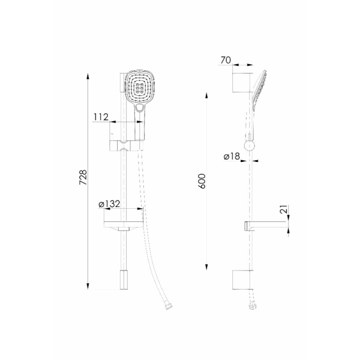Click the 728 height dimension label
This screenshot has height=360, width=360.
tap(83, 177)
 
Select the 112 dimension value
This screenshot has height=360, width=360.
tap(101, 117)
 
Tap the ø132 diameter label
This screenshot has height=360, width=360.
tap(109, 203)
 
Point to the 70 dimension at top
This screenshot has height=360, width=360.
tap(226, 60)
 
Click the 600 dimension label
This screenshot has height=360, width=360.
tap(202, 181)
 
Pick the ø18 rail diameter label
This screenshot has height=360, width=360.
tap(232, 157)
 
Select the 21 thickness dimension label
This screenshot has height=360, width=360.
tap(284, 209)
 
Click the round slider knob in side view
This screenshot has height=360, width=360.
tap(250, 146)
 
